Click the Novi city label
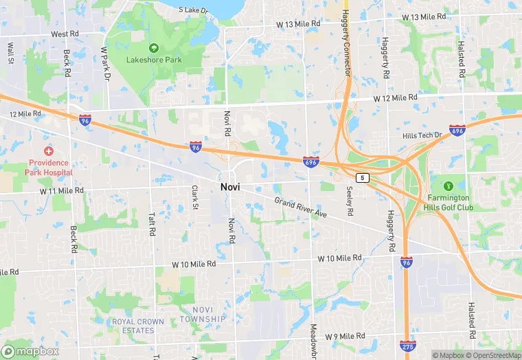[229, 187]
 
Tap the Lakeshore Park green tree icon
[154, 48]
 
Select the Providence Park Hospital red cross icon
[49, 150]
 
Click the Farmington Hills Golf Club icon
[449, 185]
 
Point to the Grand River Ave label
[301, 207]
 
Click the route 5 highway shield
[363, 177]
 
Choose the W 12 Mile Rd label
[396, 98]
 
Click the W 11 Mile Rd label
[61, 190]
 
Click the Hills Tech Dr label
[422, 135]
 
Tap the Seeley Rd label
[350, 201]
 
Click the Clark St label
[195, 198]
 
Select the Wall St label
[11, 54]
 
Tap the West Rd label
[65, 34]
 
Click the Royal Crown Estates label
[138, 326]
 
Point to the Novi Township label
[203, 315]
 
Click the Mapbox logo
[30, 351]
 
